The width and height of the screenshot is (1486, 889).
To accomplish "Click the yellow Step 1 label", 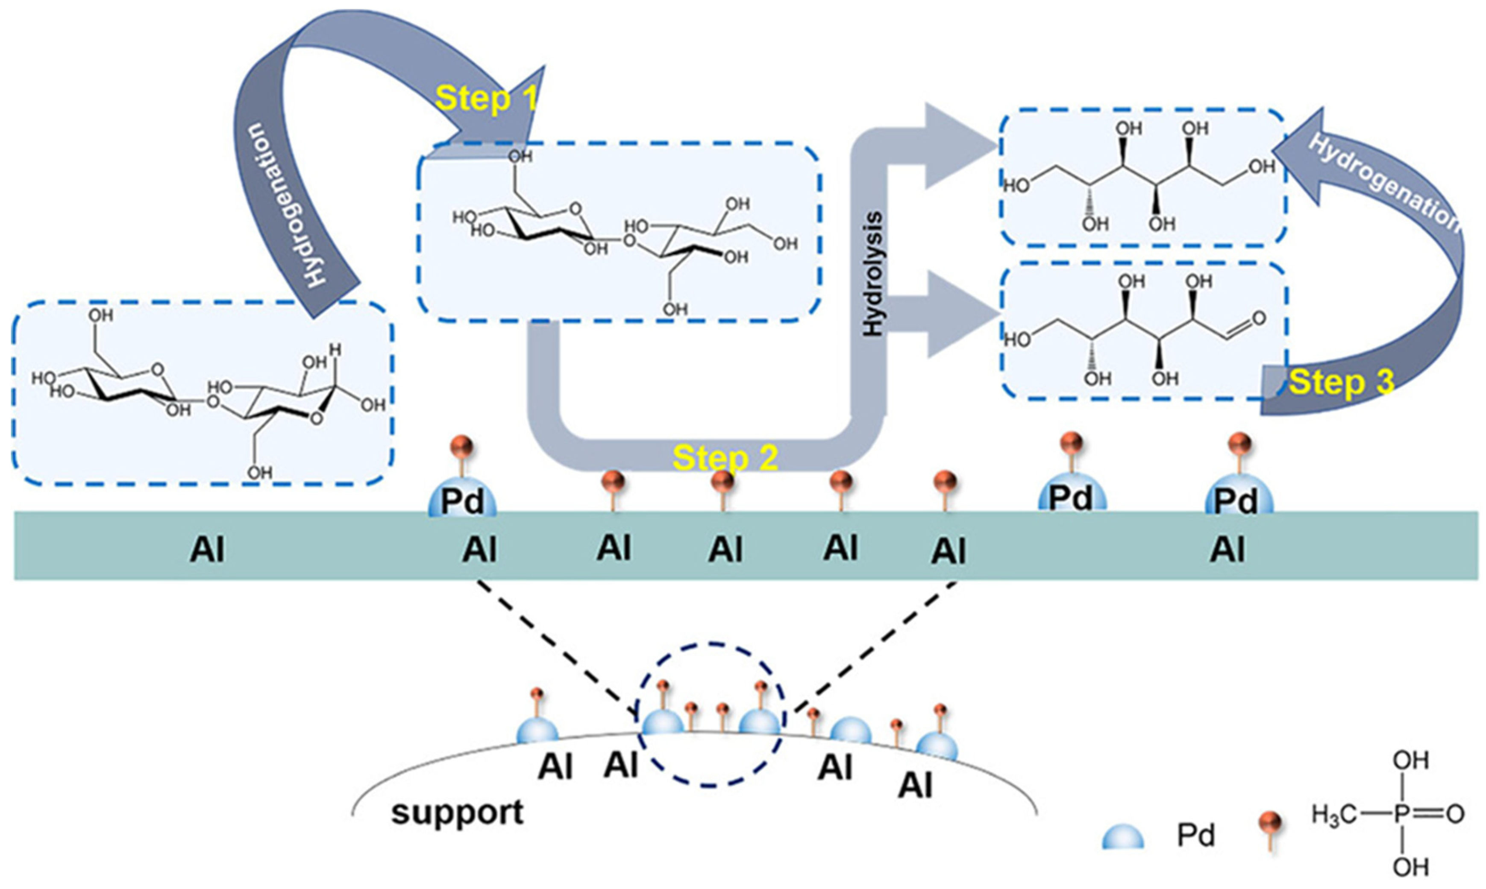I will click(x=487, y=99).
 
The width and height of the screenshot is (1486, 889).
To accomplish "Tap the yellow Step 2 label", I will click(x=725, y=458).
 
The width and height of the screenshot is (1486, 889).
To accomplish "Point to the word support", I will click(x=457, y=813).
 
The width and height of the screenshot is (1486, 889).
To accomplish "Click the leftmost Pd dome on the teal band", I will click(x=462, y=502).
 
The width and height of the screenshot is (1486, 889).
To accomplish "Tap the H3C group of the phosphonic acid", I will click(x=1332, y=815).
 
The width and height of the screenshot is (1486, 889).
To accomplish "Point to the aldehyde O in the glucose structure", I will click(x=1259, y=318).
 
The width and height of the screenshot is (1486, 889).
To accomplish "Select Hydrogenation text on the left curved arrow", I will click(x=283, y=204).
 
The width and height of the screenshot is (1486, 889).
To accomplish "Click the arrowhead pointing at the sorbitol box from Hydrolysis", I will click(x=953, y=146).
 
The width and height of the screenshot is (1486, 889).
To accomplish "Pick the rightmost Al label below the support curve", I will click(x=915, y=787).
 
